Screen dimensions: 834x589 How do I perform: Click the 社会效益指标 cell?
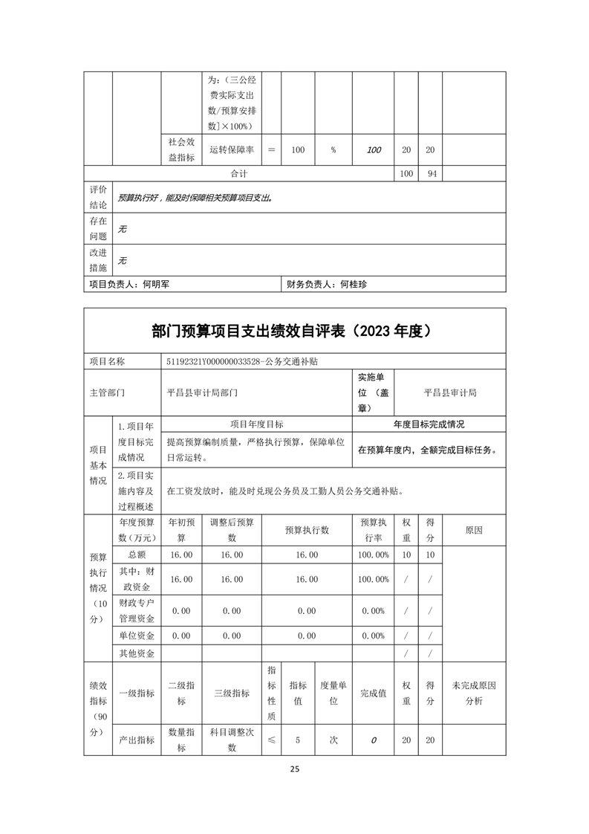pyautogui.click(x=181, y=149)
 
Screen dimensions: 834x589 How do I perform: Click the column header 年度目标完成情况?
pyautogui.click(x=429, y=424)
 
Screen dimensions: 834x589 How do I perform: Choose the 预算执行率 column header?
pyautogui.click(x=373, y=530)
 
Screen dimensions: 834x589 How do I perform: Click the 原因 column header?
pyautogui.click(x=473, y=530)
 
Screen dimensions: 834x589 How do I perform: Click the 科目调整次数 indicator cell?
pyautogui.click(x=232, y=740)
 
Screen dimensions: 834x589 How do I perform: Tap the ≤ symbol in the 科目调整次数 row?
pyautogui.click(x=271, y=740)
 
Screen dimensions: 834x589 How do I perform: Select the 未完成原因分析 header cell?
pyautogui.click(x=473, y=693)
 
